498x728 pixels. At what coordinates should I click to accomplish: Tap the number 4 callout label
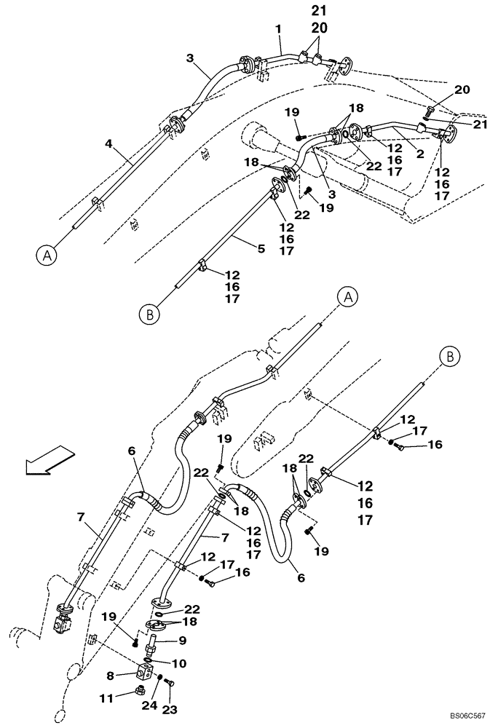pos(108,144)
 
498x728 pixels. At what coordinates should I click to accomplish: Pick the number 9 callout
pos(182,641)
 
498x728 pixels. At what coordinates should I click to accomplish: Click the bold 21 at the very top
pos(318,11)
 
